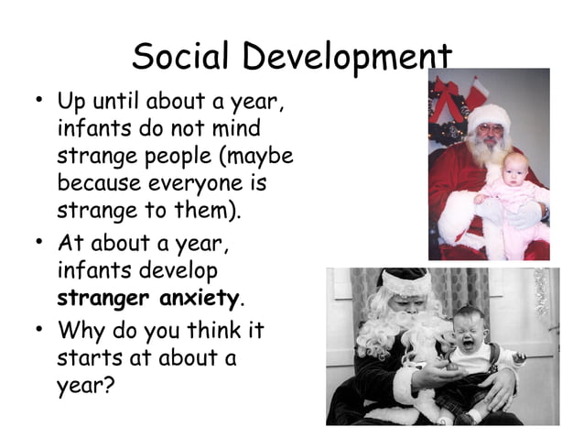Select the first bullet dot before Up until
[35, 97]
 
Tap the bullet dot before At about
[35, 243]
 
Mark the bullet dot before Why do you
[35, 327]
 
